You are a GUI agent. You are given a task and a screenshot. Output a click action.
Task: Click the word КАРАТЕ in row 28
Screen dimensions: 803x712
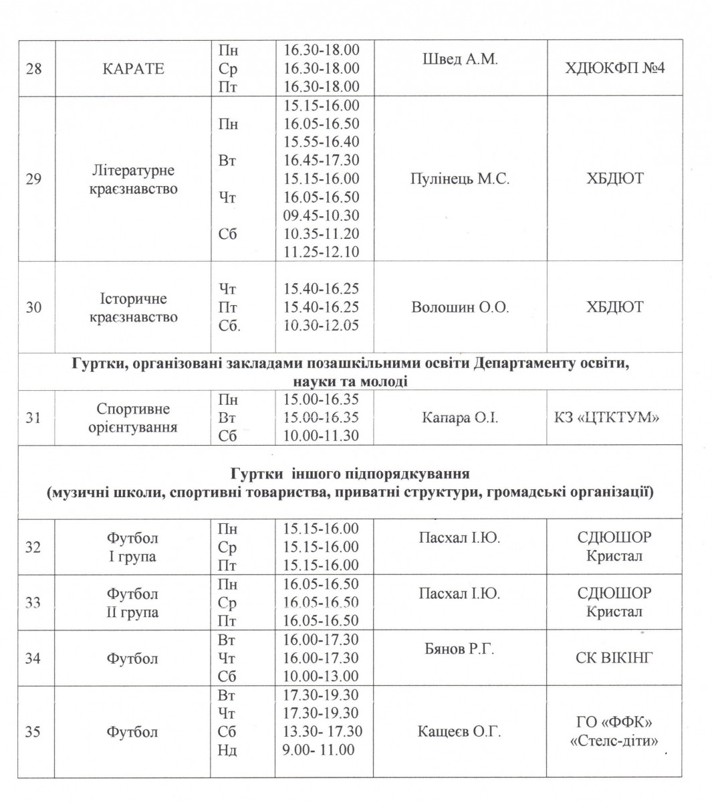(133, 68)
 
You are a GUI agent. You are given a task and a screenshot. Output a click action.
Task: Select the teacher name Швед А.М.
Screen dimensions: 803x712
(460, 59)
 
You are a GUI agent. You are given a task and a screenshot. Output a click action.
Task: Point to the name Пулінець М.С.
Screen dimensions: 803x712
(460, 179)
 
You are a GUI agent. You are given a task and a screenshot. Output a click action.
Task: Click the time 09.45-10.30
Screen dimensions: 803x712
(322, 215)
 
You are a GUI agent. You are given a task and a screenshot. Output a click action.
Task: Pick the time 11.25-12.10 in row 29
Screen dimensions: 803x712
(322, 252)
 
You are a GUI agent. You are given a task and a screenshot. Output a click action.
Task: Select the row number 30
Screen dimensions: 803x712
(33, 307)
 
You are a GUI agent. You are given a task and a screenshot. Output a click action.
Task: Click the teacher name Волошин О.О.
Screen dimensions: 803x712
(460, 307)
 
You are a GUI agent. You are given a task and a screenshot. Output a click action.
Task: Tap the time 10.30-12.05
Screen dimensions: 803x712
(322, 325)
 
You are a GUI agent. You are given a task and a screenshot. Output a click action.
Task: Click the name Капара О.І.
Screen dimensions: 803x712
(460, 418)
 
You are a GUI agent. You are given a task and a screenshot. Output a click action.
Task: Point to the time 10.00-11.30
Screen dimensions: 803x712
(322, 436)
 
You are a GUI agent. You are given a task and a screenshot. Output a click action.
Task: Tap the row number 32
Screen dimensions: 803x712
(33, 547)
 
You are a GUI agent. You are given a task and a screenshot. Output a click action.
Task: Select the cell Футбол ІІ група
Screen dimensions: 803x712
(132, 602)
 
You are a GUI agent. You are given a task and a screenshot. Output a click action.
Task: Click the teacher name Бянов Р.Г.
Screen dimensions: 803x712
(460, 648)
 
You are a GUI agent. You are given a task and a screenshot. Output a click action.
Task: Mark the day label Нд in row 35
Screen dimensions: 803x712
(227, 749)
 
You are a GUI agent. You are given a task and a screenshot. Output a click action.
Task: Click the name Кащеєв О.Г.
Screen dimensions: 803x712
(460, 731)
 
